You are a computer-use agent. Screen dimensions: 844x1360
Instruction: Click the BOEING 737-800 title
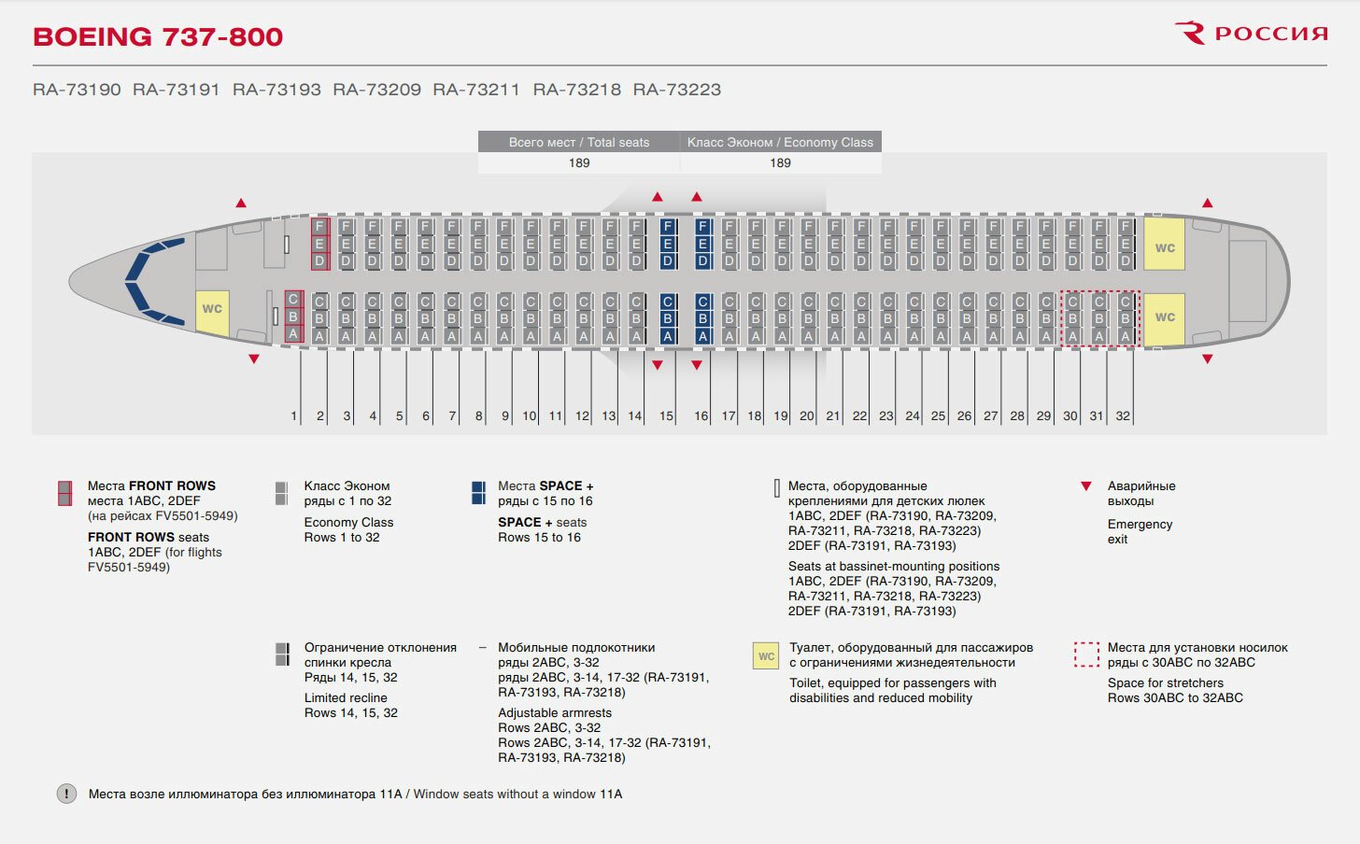pos(158,36)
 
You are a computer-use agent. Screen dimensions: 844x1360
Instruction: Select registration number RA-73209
pos(376,90)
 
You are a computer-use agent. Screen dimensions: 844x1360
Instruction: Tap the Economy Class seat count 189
pos(780,162)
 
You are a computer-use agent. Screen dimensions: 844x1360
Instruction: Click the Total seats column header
pos(579,142)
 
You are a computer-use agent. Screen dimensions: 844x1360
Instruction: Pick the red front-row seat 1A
pos(293,333)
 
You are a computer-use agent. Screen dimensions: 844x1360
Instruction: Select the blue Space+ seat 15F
pos(667,227)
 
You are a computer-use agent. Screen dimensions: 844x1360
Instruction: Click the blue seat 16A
pos(702,336)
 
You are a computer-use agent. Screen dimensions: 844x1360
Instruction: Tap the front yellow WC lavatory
pos(212,309)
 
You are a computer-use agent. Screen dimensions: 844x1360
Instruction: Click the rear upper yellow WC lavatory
pos(1165,247)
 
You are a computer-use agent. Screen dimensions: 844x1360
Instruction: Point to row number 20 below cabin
pos(807,416)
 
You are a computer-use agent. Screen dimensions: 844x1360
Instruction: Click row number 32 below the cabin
pos(1123,416)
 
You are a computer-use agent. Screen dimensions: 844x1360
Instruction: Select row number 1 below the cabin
pos(294,416)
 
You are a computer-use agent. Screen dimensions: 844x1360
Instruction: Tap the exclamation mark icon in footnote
pos(67,794)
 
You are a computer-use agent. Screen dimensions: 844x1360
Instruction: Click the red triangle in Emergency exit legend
pos(1085,486)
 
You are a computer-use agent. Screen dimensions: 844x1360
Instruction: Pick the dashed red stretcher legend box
pos(1086,654)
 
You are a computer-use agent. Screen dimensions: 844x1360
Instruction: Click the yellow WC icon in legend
pos(766,656)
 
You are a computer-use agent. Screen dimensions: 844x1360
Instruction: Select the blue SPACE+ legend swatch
pos(478,493)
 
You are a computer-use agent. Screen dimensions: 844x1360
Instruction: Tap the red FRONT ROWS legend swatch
pos(64,493)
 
